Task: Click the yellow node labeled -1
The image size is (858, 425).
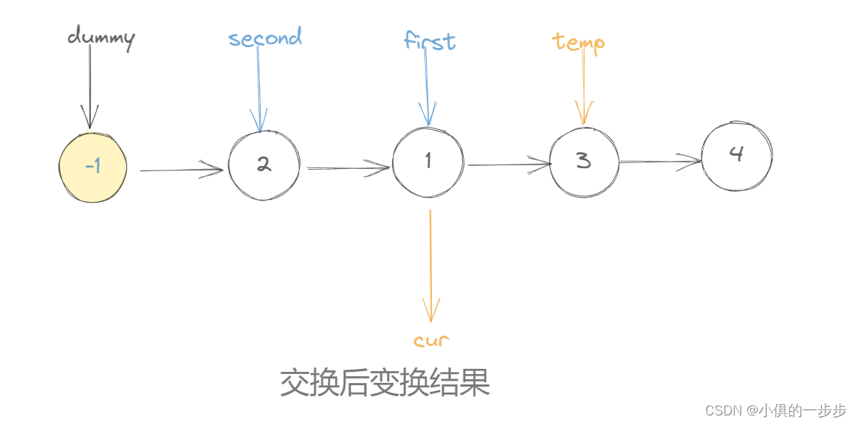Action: pyautogui.click(x=93, y=167)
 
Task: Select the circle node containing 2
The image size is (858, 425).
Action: pyautogui.click(x=264, y=165)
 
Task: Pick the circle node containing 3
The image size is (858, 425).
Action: pyautogui.click(x=584, y=162)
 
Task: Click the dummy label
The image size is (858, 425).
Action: pyautogui.click(x=101, y=38)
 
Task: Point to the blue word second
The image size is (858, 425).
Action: pyautogui.click(x=265, y=38)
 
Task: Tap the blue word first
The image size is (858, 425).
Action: pyautogui.click(x=430, y=41)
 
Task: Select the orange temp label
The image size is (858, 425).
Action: pyautogui.click(x=579, y=42)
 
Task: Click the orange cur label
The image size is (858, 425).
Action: pyautogui.click(x=431, y=341)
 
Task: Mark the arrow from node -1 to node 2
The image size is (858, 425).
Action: pyautogui.click(x=181, y=170)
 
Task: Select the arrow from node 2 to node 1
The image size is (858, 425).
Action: pyautogui.click(x=348, y=169)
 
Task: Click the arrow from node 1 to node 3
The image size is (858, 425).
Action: pyautogui.click(x=509, y=165)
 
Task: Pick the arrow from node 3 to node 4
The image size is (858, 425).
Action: pyautogui.click(x=659, y=161)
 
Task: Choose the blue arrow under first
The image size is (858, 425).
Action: pyautogui.click(x=427, y=89)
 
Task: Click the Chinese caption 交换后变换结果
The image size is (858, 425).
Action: pyautogui.click(x=385, y=384)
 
